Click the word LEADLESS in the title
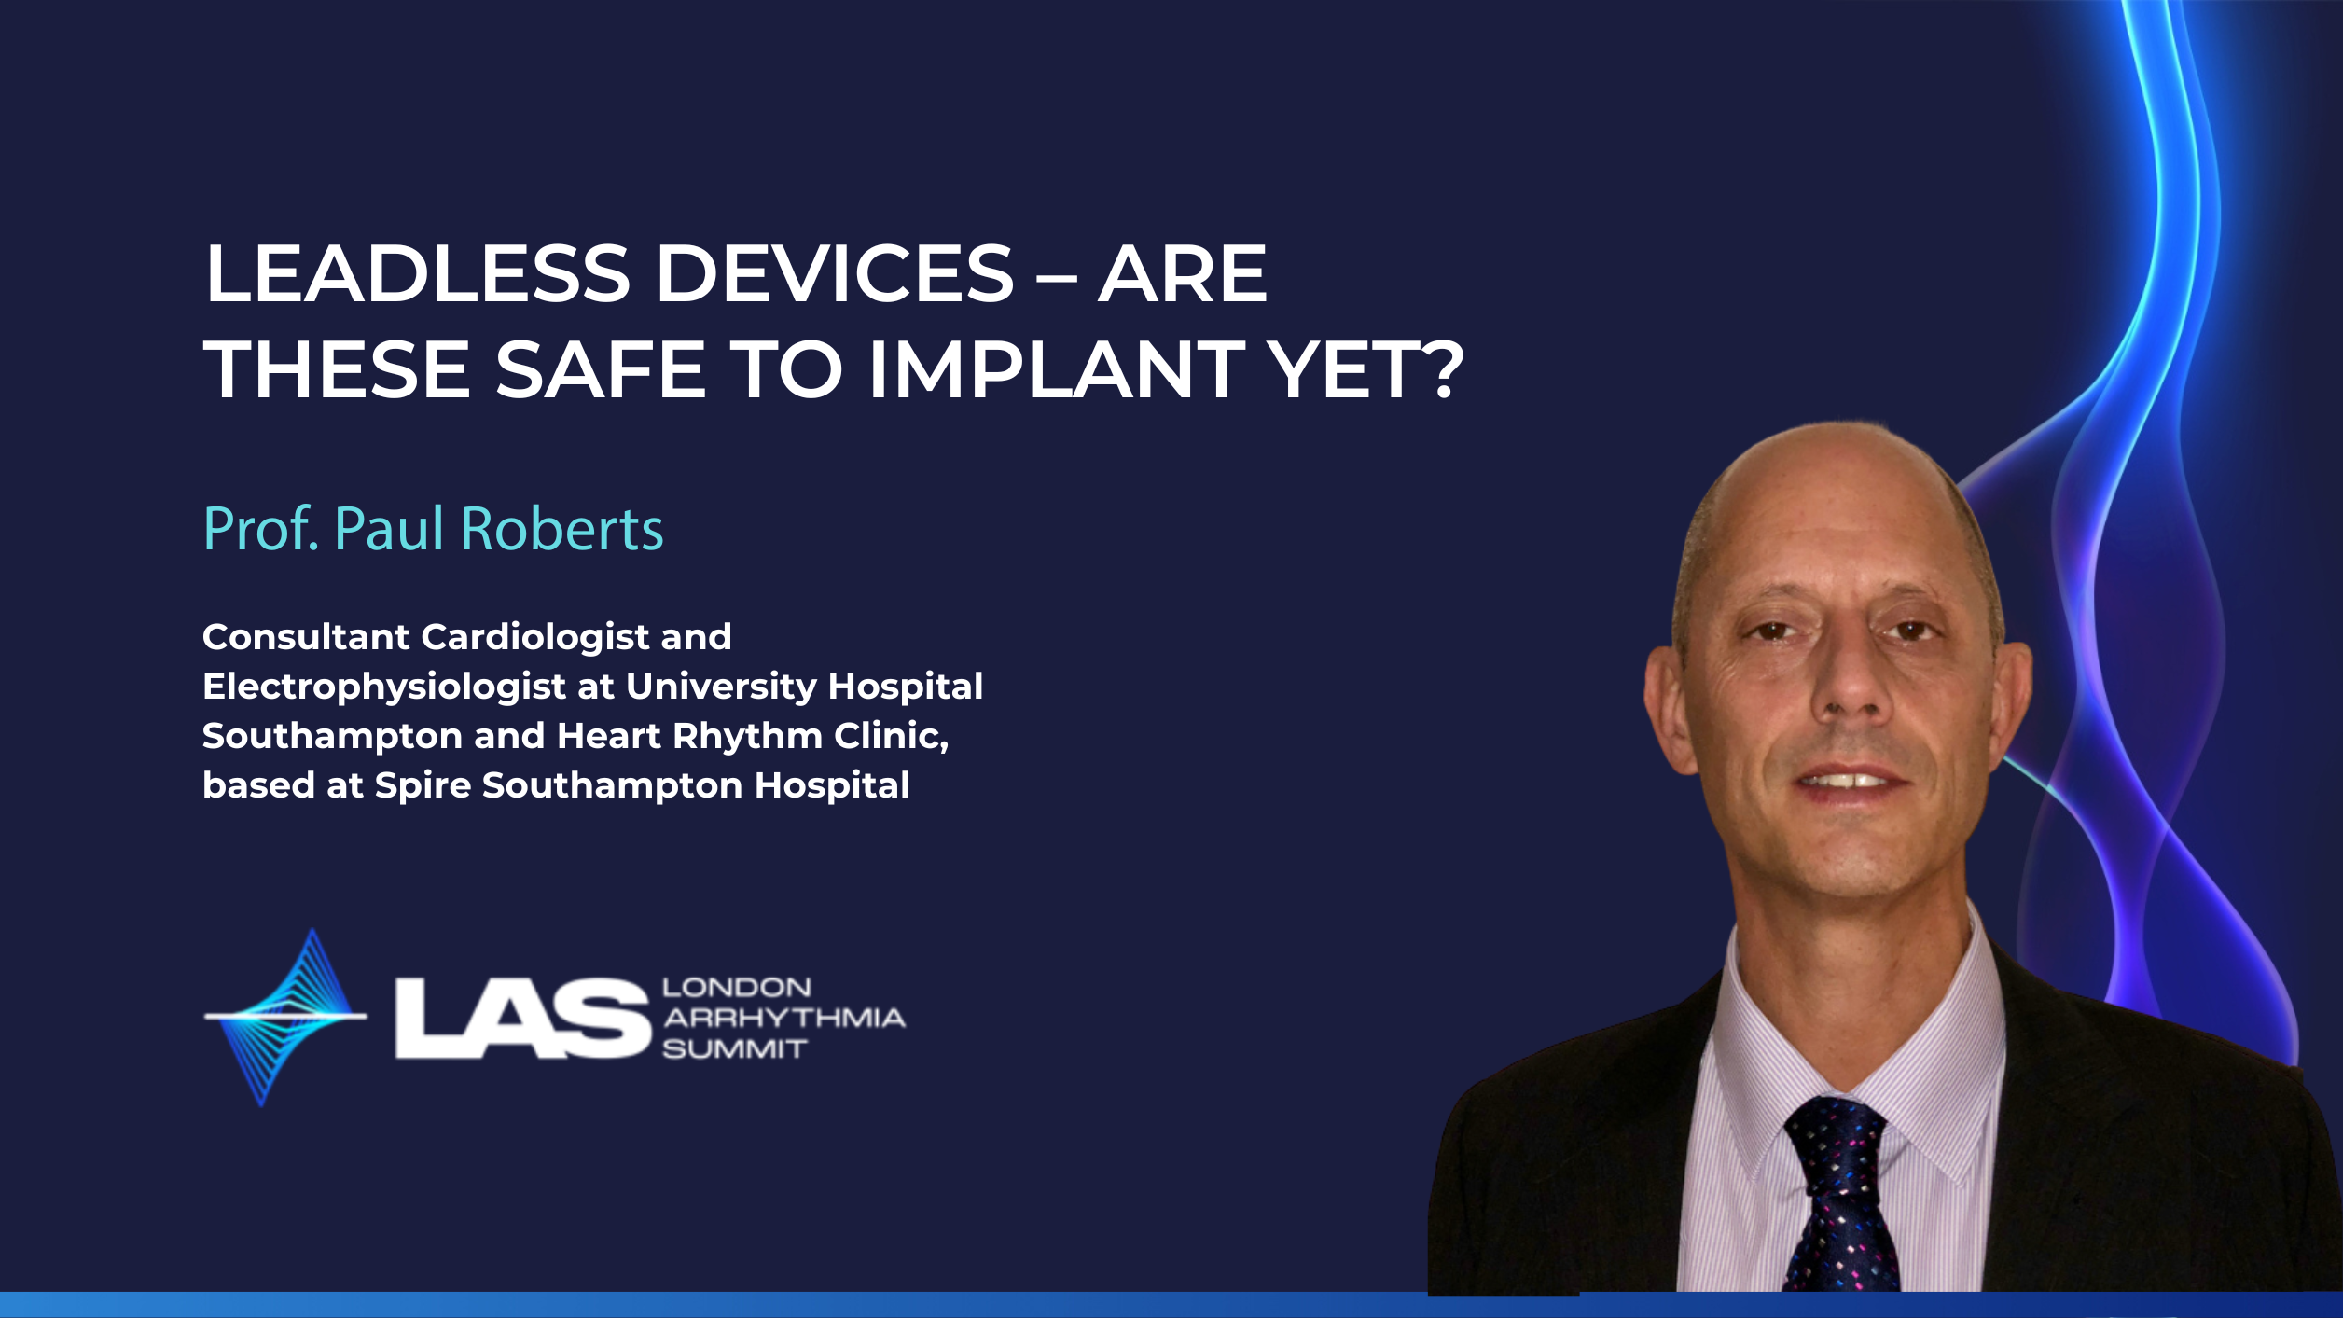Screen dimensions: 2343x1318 [x=417, y=273]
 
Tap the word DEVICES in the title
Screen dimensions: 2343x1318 [x=835, y=273]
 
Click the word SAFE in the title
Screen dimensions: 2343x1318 [x=600, y=369]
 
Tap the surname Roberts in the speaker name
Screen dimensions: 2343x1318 [x=562, y=529]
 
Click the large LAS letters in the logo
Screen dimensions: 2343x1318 [x=522, y=1019]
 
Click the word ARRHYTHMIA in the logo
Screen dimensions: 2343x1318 [x=783, y=1018]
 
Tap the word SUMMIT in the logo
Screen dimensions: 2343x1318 [x=734, y=1049]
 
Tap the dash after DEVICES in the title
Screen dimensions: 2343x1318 [x=1056, y=277]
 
